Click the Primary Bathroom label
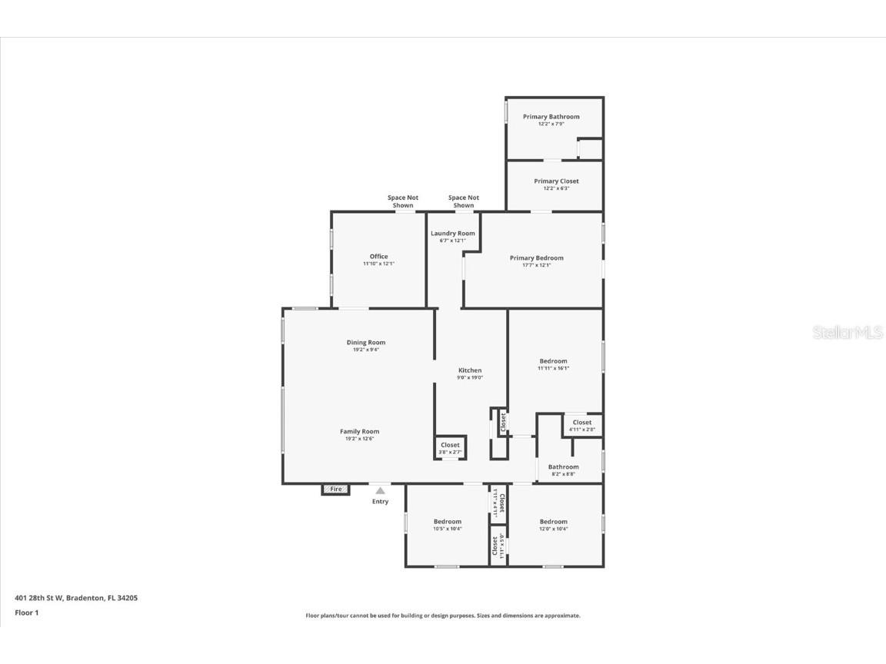(551, 117)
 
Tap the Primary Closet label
(556, 181)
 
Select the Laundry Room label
(452, 234)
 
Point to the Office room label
(378, 257)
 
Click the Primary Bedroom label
(536, 258)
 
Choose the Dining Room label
(365, 343)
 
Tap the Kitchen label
(470, 370)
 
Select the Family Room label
(359, 432)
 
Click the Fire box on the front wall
(335, 489)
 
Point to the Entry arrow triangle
(380, 490)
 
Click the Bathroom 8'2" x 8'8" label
(563, 467)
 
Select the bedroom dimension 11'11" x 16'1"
(553, 368)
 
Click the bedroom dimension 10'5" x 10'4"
(447, 529)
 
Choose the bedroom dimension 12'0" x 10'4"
(553, 529)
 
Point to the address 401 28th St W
(76, 598)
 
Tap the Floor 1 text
(26, 613)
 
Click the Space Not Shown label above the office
(402, 201)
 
